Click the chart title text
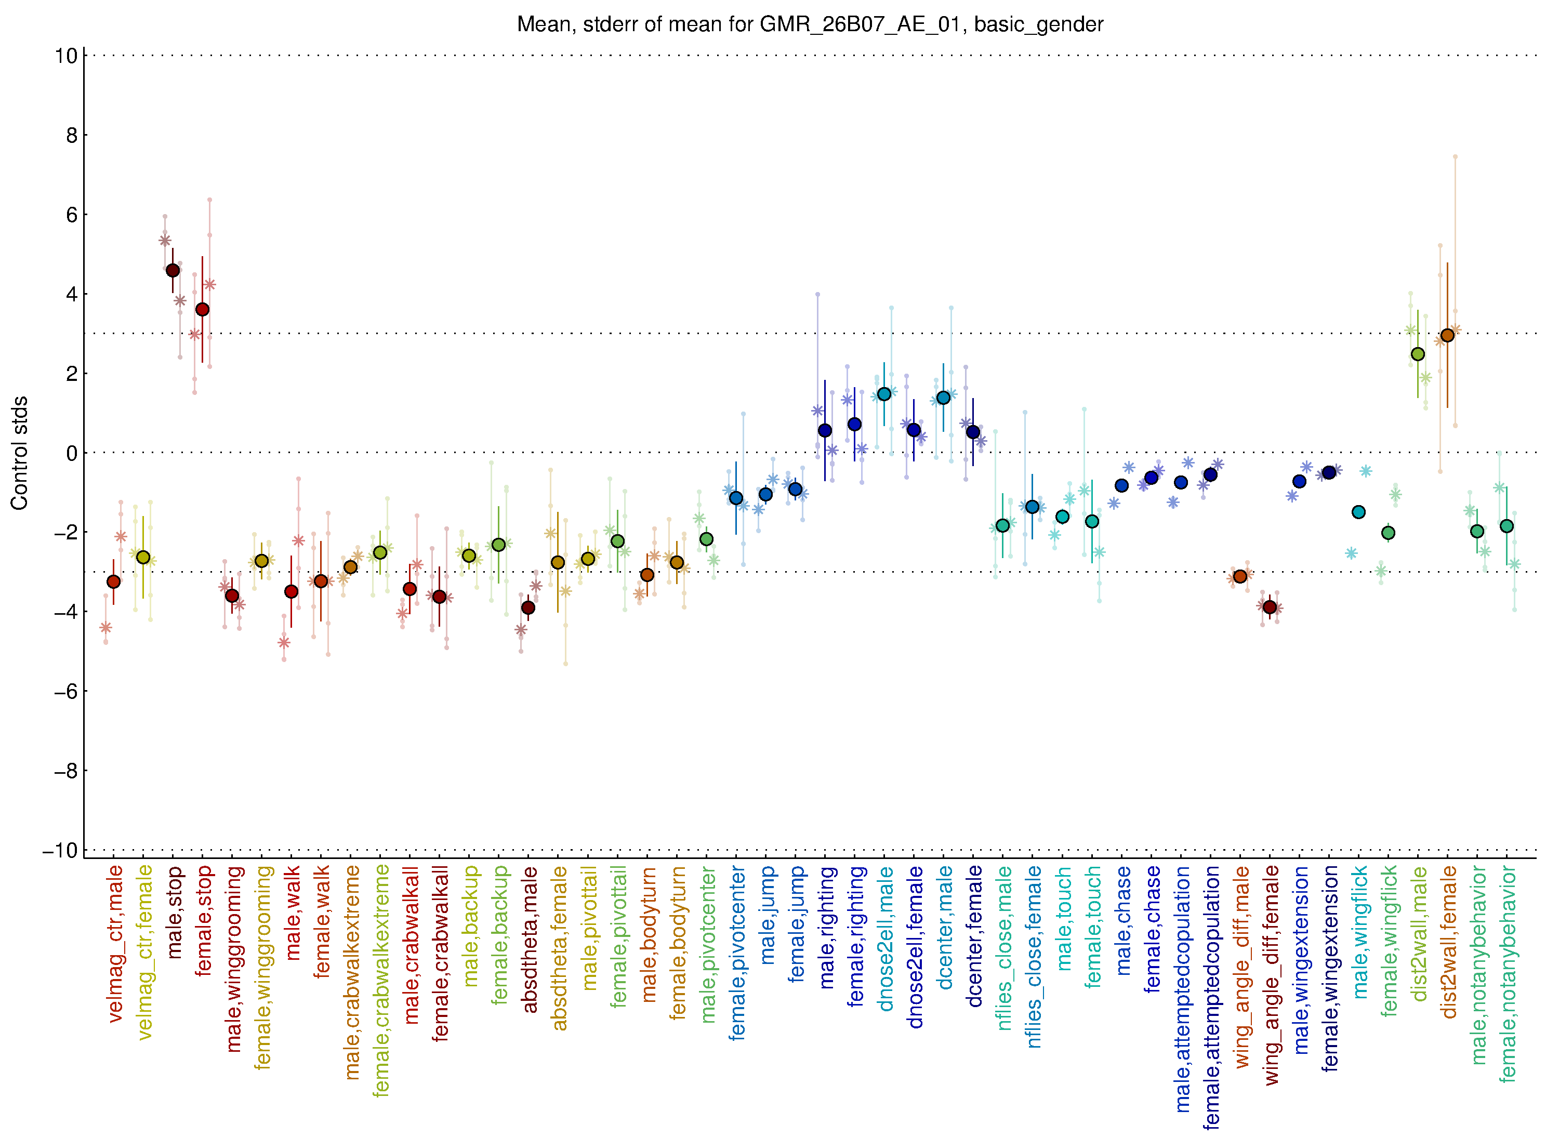(x=810, y=25)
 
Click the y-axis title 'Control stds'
(x=20, y=453)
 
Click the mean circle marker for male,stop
(x=173, y=271)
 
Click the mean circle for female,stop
(x=202, y=310)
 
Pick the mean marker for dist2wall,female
(x=1447, y=335)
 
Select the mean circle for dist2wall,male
(x=1417, y=354)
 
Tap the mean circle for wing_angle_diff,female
(x=1270, y=607)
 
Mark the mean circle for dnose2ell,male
(x=884, y=394)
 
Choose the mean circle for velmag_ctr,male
(x=114, y=581)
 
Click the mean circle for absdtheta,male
(x=528, y=607)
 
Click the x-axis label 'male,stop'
(x=174, y=913)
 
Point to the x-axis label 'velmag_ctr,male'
(x=115, y=944)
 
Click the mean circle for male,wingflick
(x=1358, y=512)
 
